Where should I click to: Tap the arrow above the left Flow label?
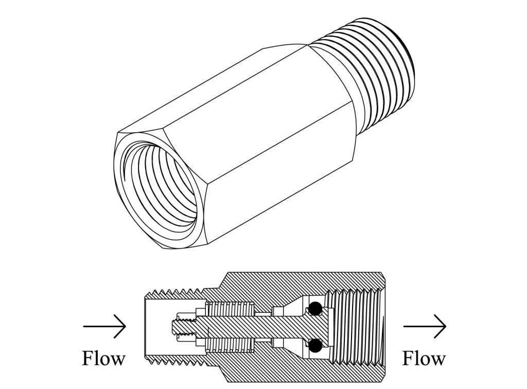tap(104, 326)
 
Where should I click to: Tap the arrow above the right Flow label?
tap(425, 326)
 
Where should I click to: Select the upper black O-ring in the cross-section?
tap(314, 309)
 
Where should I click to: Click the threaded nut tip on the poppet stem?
tap(180, 326)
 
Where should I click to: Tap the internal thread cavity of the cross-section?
tap(360, 326)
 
